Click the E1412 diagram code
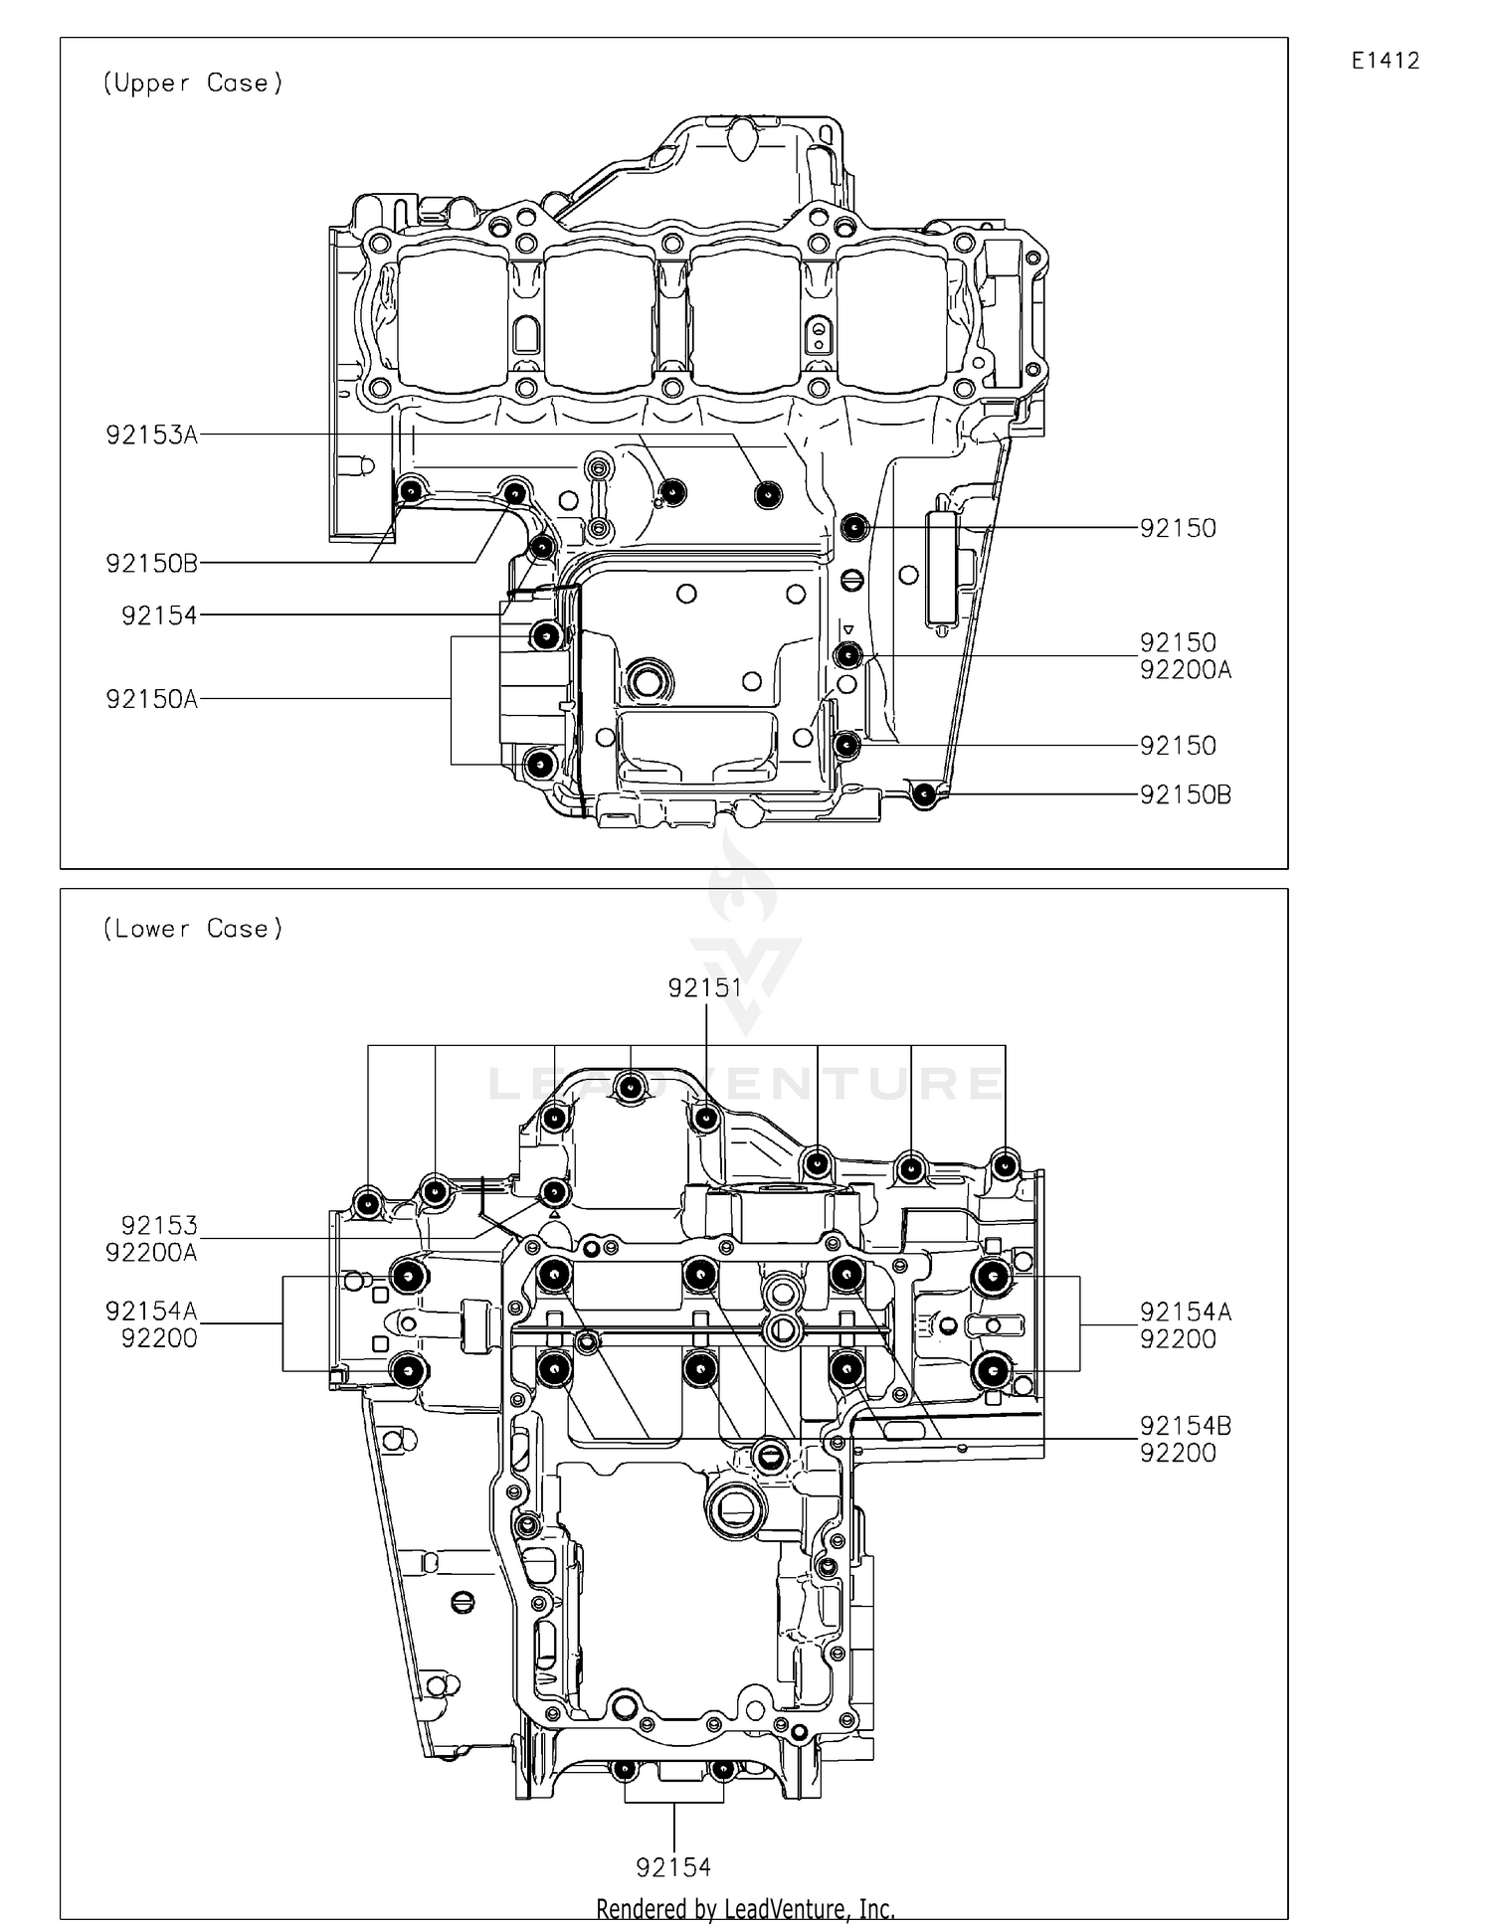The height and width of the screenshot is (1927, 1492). [1385, 61]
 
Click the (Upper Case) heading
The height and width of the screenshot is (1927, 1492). [193, 84]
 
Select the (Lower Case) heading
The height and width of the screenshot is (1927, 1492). [193, 929]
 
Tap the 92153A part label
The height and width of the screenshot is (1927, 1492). [152, 435]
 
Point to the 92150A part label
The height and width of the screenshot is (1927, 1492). [152, 699]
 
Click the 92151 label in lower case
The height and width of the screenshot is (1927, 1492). [705, 987]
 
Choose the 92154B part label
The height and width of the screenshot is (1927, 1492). [1186, 1426]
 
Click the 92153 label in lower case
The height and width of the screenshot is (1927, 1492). [159, 1225]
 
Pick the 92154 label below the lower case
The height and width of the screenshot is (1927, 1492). [673, 1867]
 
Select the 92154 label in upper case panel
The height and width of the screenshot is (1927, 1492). [159, 615]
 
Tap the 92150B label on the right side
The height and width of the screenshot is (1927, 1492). [1186, 794]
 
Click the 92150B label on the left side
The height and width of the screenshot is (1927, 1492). [152, 564]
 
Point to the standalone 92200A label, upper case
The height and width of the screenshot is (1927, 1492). [1186, 670]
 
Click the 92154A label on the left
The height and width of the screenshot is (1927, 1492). [152, 1312]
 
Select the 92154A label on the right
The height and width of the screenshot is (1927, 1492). [1186, 1313]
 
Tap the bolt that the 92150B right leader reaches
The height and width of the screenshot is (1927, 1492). [925, 793]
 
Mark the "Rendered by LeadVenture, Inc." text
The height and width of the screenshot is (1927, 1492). [745, 1909]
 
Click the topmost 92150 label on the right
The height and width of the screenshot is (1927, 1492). [1178, 528]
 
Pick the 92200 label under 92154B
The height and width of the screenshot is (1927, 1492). [1178, 1453]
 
